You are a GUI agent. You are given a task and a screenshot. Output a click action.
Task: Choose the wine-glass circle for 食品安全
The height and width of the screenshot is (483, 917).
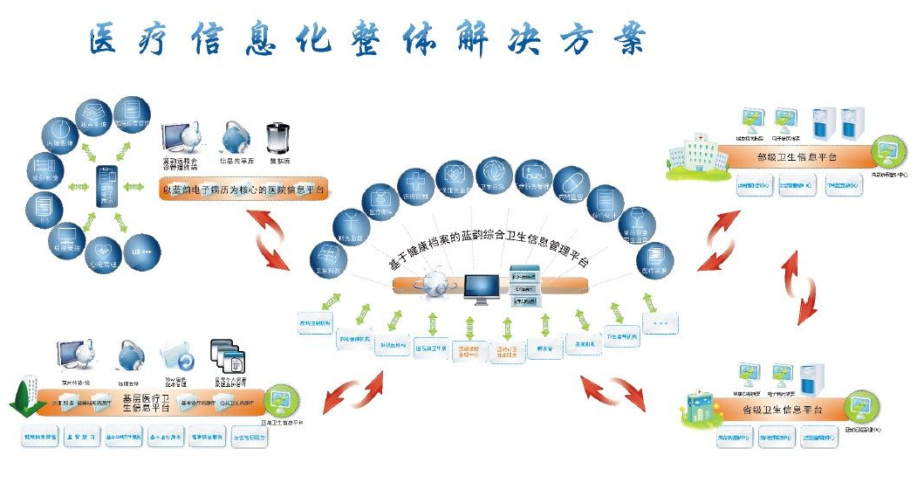click(636, 228)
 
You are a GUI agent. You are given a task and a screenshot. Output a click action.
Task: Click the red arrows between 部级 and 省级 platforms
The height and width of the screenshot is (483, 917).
click(799, 283)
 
